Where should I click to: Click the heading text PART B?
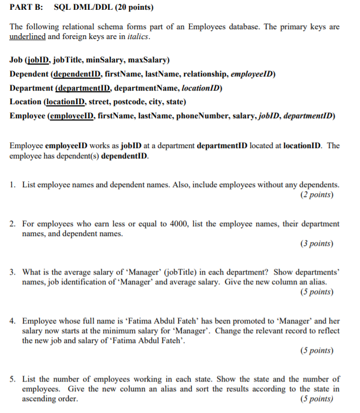click(x=28, y=8)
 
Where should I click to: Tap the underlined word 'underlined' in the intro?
click(x=27, y=36)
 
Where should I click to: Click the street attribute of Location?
click(x=94, y=101)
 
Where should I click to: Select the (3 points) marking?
click(x=317, y=244)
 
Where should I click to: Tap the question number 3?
click(x=12, y=272)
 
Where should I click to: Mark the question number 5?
click(x=12, y=379)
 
